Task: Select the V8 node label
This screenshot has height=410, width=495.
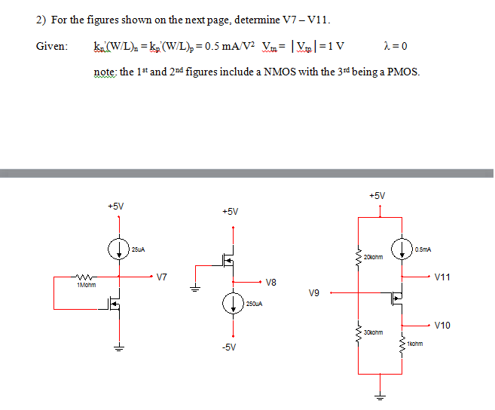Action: [x=272, y=283]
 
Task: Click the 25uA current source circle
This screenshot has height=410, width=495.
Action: [x=118, y=246]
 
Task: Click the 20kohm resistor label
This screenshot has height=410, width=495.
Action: [x=374, y=257]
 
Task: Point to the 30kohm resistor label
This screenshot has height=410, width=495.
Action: [x=374, y=332]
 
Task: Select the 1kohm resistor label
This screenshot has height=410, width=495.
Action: [x=415, y=344]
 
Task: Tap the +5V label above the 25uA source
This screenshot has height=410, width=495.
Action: [x=116, y=206]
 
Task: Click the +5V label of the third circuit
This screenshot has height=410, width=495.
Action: [x=378, y=196]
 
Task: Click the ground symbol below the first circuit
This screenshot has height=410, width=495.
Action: [x=118, y=348]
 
